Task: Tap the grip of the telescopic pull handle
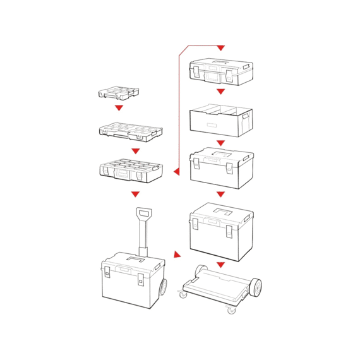144,214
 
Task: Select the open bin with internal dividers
220,117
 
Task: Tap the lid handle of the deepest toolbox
220,210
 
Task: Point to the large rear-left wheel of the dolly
201,270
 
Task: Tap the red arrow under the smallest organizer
118,108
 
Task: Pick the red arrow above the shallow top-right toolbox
220,48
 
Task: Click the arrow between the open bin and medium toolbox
220,143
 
